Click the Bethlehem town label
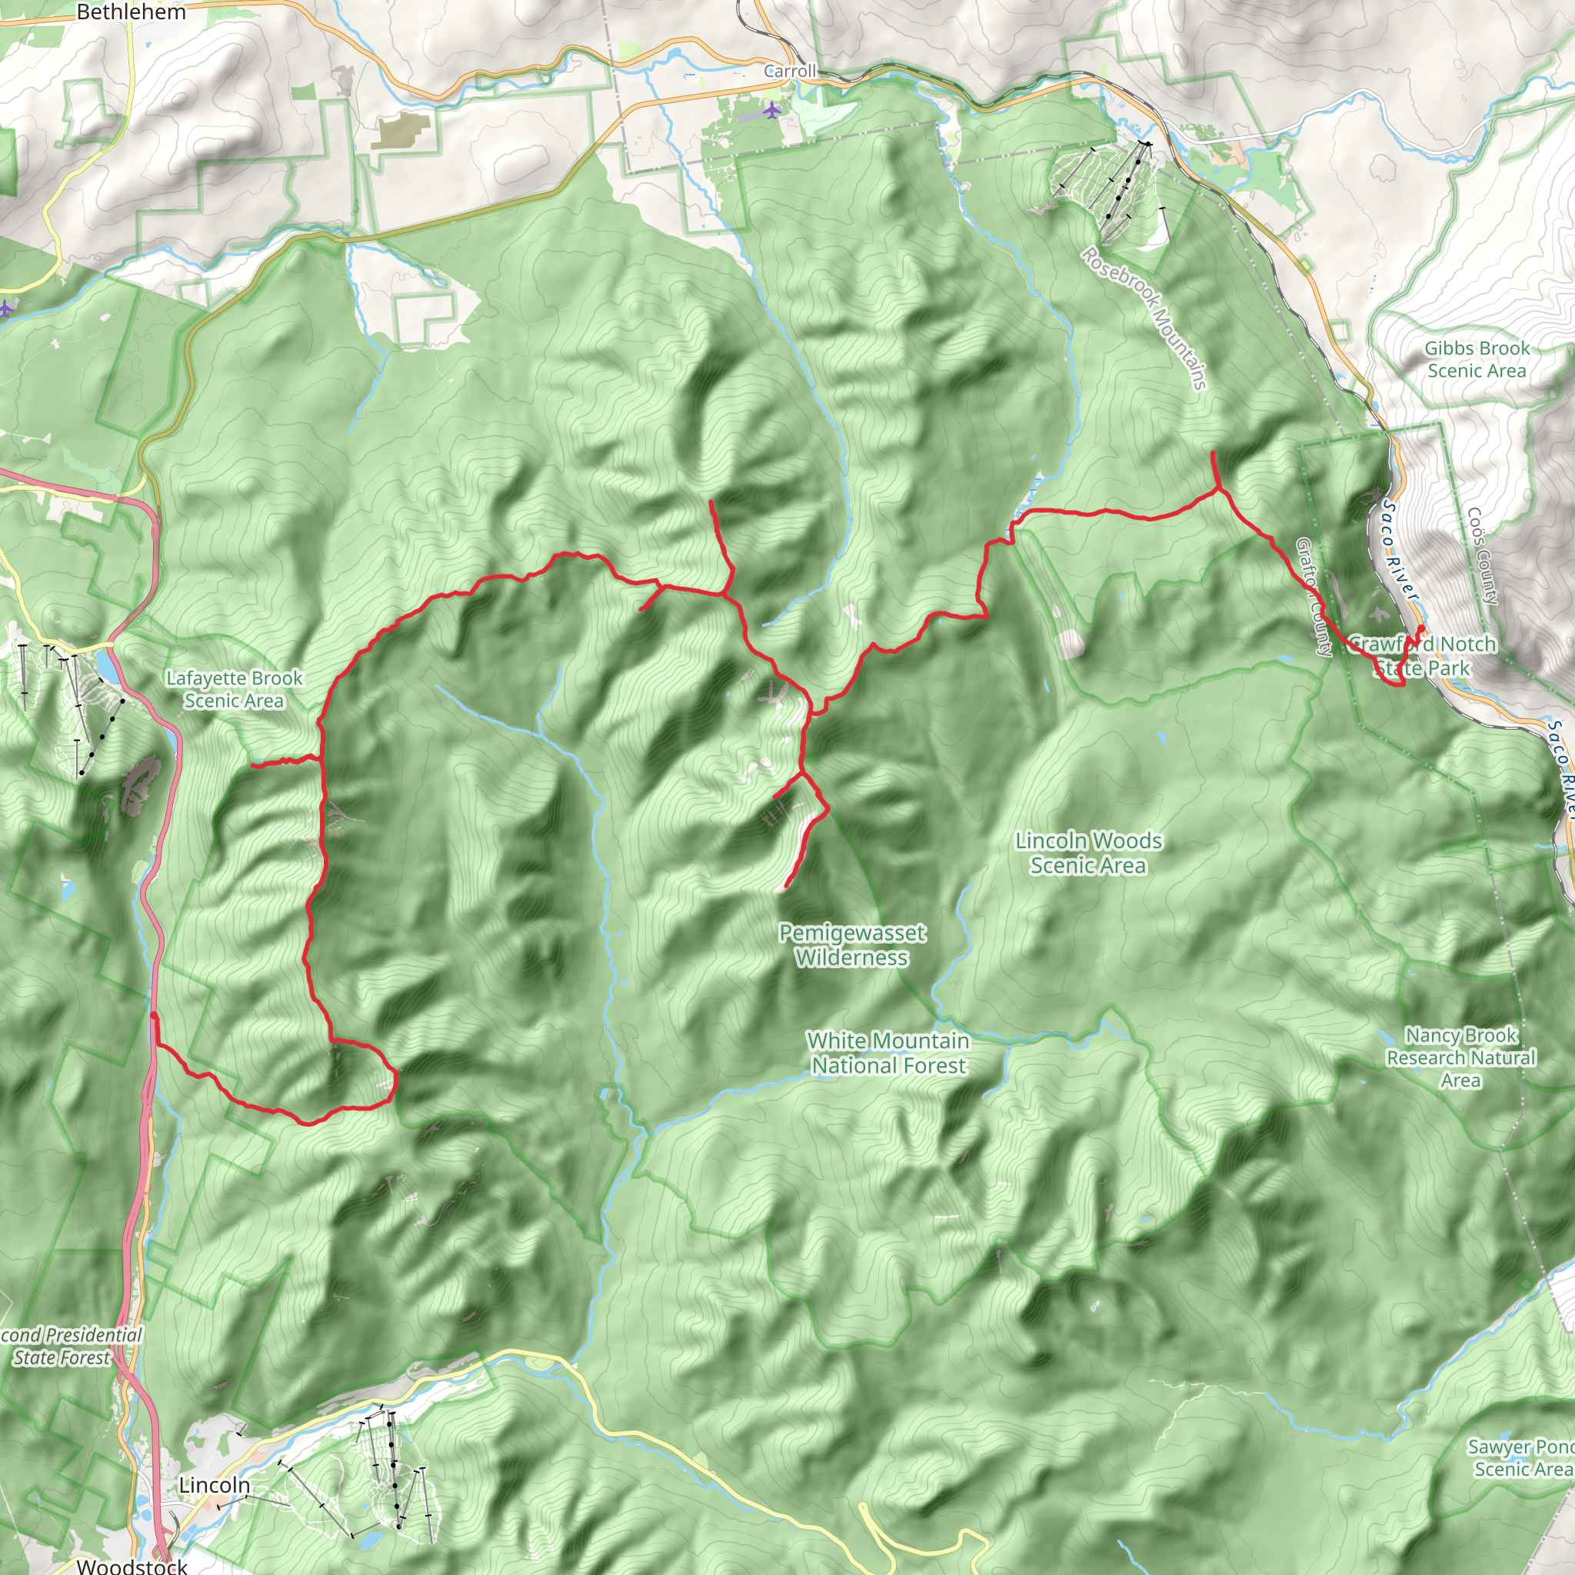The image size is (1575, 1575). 132,12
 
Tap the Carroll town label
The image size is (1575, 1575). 789,71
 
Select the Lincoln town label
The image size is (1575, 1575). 215,1484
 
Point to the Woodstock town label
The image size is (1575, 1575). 132,1566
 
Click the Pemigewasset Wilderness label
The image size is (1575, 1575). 852,945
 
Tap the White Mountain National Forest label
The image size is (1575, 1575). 888,1053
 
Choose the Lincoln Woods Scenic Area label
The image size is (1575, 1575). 1088,852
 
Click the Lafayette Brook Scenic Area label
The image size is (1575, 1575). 234,689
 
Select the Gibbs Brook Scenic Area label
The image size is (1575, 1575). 1477,359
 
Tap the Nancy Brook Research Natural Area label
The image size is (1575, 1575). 1461,1057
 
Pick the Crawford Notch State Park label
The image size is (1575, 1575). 1422,656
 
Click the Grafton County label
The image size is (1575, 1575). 1314,597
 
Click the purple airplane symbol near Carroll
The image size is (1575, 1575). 772,109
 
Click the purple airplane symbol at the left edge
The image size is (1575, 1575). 5,308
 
